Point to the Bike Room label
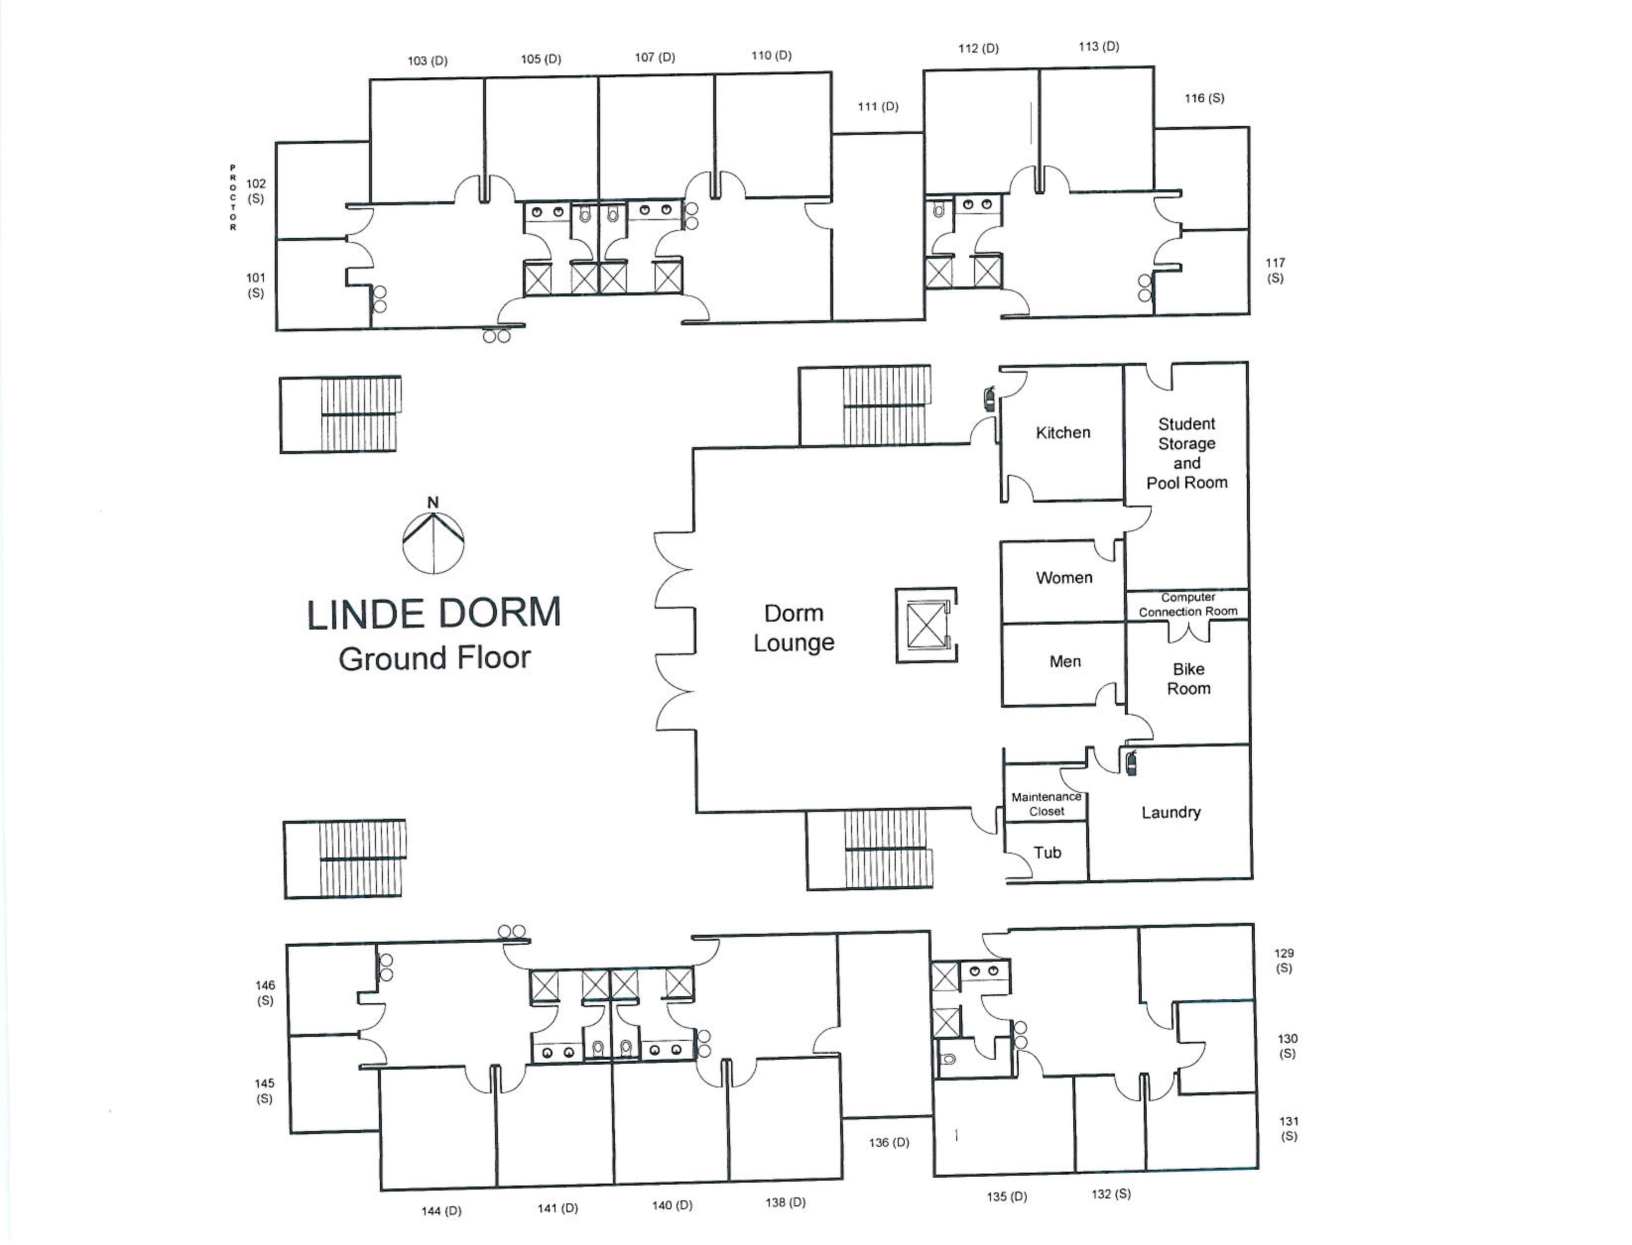coord(1189,679)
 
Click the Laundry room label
coord(1171,812)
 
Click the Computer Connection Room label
coord(1188,604)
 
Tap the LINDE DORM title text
coord(434,614)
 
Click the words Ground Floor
coord(434,658)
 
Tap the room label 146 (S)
coord(265,992)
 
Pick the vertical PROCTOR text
coord(233,198)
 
